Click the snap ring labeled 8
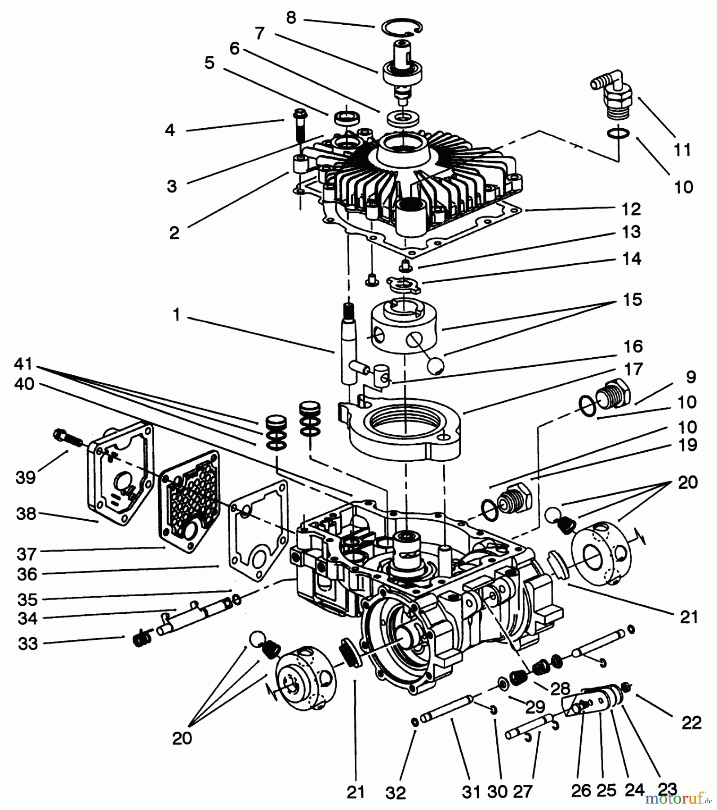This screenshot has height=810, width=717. [402, 28]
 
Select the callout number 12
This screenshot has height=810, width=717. [632, 209]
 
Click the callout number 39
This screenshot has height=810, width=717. [26, 477]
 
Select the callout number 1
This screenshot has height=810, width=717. [177, 315]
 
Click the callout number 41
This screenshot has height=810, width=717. [24, 363]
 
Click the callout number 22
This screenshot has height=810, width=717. [691, 723]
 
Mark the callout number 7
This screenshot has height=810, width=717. [259, 33]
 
